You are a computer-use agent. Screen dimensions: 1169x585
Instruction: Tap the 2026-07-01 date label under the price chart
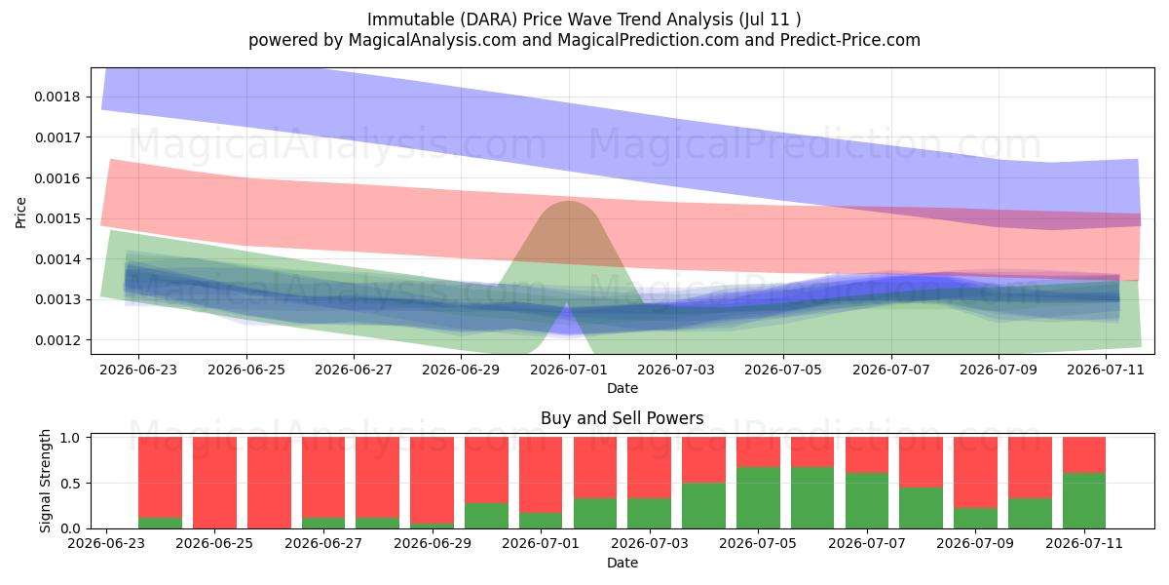point(569,370)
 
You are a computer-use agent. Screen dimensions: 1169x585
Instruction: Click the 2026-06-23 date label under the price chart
point(138,370)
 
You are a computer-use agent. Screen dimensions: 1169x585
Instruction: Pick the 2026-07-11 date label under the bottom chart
point(1084,543)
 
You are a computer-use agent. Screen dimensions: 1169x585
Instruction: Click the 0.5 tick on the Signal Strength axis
point(70,484)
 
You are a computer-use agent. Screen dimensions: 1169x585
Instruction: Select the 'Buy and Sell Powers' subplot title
point(622,418)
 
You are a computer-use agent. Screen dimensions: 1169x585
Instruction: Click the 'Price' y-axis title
point(20,213)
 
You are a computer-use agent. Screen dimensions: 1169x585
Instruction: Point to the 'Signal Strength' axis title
point(46,481)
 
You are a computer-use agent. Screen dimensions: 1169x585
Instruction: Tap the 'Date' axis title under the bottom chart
point(622,563)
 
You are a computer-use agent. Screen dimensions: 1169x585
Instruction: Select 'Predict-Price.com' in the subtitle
point(850,40)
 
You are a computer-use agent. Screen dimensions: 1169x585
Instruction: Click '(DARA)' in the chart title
point(489,19)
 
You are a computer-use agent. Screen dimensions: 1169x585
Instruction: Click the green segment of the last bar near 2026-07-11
point(1084,501)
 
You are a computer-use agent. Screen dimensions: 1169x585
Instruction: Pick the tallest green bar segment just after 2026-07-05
point(758,498)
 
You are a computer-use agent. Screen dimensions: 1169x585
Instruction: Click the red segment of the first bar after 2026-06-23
point(160,478)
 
